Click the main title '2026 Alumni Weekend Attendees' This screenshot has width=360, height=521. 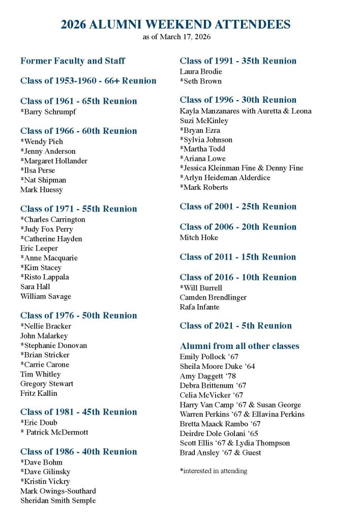pyautogui.click(x=175, y=24)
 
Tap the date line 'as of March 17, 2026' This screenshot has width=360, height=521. pyautogui.click(x=175, y=37)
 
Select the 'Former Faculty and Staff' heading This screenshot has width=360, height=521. pyautogui.click(x=73, y=61)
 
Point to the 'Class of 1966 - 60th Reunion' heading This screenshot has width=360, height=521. pyautogui.click(x=79, y=131)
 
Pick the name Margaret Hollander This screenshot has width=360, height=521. pyautogui.click(x=54, y=161)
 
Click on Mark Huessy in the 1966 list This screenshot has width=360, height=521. pyautogui.click(x=42, y=190)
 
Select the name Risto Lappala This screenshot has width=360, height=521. pyautogui.click(x=45, y=277)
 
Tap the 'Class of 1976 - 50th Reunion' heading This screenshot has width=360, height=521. pyautogui.click(x=79, y=315)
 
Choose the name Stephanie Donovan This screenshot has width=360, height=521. pyautogui.click(x=53, y=345)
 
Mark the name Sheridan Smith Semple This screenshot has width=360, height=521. pyautogui.click(x=58, y=501)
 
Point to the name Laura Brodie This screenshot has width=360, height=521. pyautogui.click(x=201, y=72)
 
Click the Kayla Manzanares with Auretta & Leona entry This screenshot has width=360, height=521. pyautogui.click(x=246, y=111)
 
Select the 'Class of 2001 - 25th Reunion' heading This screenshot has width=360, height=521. pyautogui.click(x=238, y=207)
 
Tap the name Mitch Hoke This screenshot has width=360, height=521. pyautogui.click(x=199, y=238)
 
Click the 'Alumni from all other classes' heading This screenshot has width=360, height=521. pyautogui.click(x=239, y=346)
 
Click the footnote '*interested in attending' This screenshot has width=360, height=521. pyautogui.click(x=214, y=471)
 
